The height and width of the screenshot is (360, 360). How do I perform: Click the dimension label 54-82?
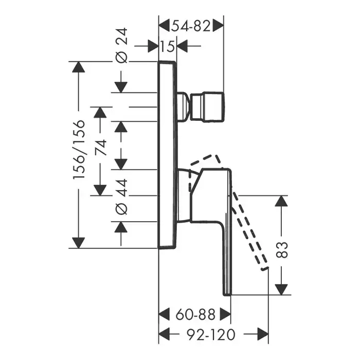[190, 25]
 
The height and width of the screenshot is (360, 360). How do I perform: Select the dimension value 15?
[167, 46]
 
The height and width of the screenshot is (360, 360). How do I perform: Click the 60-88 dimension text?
[194, 314]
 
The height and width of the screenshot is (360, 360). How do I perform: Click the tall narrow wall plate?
[168, 154]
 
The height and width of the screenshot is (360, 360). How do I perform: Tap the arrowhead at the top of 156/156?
[78, 68]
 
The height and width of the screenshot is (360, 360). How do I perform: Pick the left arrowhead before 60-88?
[165, 314]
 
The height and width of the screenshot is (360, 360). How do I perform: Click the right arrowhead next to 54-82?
[218, 25]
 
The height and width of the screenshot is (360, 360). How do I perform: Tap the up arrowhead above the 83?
[281, 202]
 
